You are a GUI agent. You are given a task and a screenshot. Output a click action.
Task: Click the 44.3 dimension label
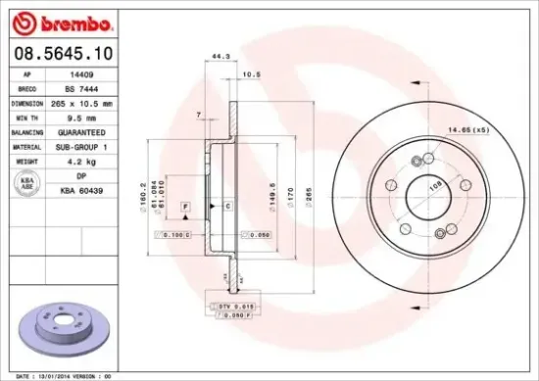point(220,58)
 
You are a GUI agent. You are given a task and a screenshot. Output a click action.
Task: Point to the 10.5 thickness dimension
point(250,73)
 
